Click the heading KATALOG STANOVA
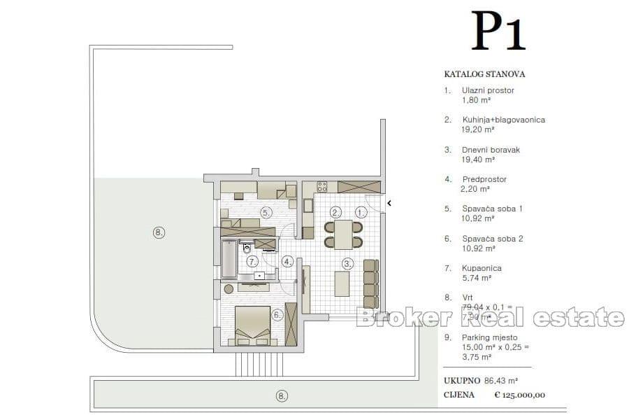pyautogui.click(x=484, y=73)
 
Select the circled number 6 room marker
pyautogui.click(x=277, y=315)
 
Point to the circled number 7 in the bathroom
pyautogui.click(x=252, y=261)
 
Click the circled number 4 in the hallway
pyautogui.click(x=287, y=262)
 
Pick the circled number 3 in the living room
pyautogui.click(x=347, y=263)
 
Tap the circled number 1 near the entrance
pyautogui.click(x=361, y=211)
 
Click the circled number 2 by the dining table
pyautogui.click(x=335, y=211)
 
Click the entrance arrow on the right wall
pyautogui.click(x=389, y=204)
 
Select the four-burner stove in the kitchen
pyautogui.click(x=322, y=187)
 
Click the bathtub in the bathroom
pyautogui.click(x=229, y=259)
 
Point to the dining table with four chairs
pyautogui.click(x=343, y=234)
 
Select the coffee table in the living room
pyautogui.click(x=342, y=283)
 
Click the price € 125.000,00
pyautogui.click(x=519, y=395)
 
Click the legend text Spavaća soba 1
pyautogui.click(x=492, y=209)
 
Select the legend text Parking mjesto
pyautogui.click(x=490, y=336)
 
